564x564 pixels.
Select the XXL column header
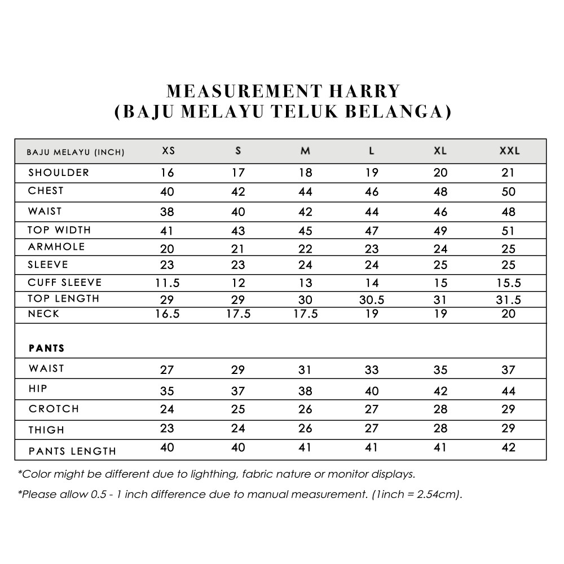click(509, 151)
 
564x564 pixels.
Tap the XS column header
click(168, 151)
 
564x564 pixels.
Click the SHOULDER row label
click(59, 173)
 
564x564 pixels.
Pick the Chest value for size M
click(305, 192)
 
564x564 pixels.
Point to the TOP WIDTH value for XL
click(440, 231)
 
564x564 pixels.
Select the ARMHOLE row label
click(56, 247)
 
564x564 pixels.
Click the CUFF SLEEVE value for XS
click(168, 283)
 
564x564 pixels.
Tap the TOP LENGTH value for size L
click(371, 300)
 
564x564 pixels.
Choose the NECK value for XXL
click(508, 314)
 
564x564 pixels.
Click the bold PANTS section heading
click(47, 349)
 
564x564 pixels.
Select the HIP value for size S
click(238, 391)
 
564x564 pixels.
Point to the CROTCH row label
click(54, 409)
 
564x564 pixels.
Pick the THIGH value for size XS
click(167, 428)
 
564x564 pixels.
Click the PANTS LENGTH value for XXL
click(508, 448)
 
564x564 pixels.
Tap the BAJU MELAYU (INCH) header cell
click(76, 152)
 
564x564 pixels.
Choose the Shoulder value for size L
click(371, 173)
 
